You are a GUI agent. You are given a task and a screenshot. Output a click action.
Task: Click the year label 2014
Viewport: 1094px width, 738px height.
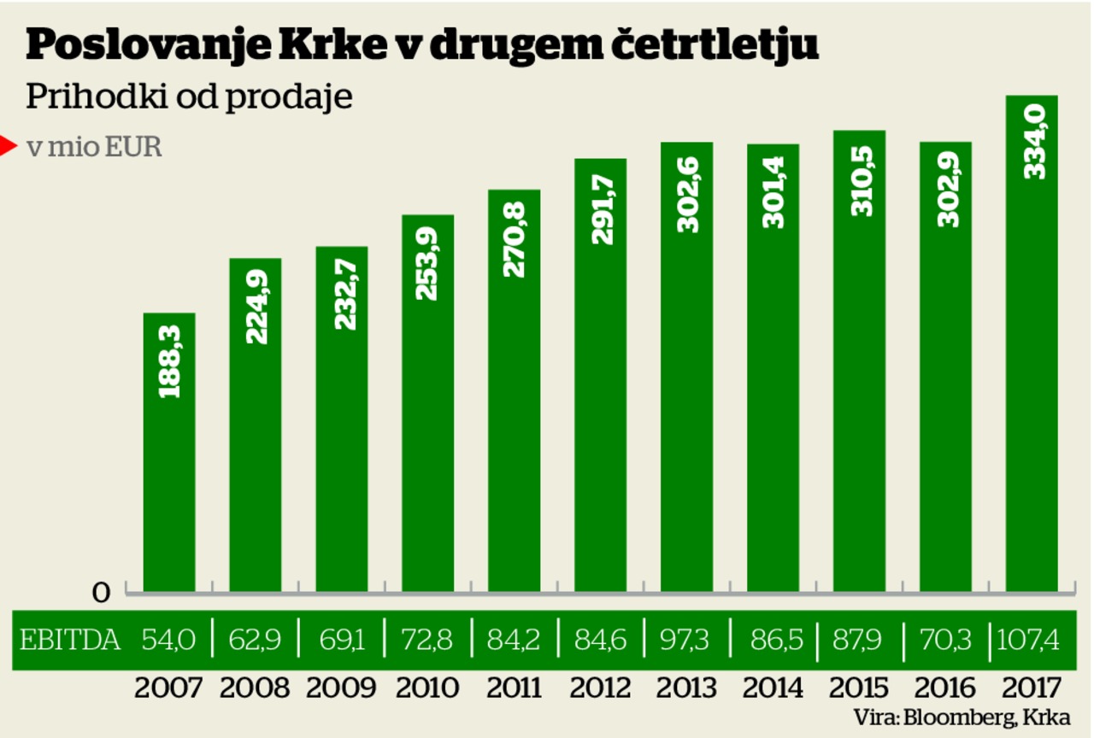pyautogui.click(x=773, y=688)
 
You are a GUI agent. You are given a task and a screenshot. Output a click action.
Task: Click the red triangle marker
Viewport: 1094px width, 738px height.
pyautogui.click(x=8, y=147)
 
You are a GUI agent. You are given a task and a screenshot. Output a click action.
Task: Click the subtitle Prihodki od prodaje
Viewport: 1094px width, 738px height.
pyautogui.click(x=189, y=97)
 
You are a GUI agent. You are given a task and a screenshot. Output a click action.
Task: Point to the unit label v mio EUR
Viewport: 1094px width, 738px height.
pyautogui.click(x=94, y=147)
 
